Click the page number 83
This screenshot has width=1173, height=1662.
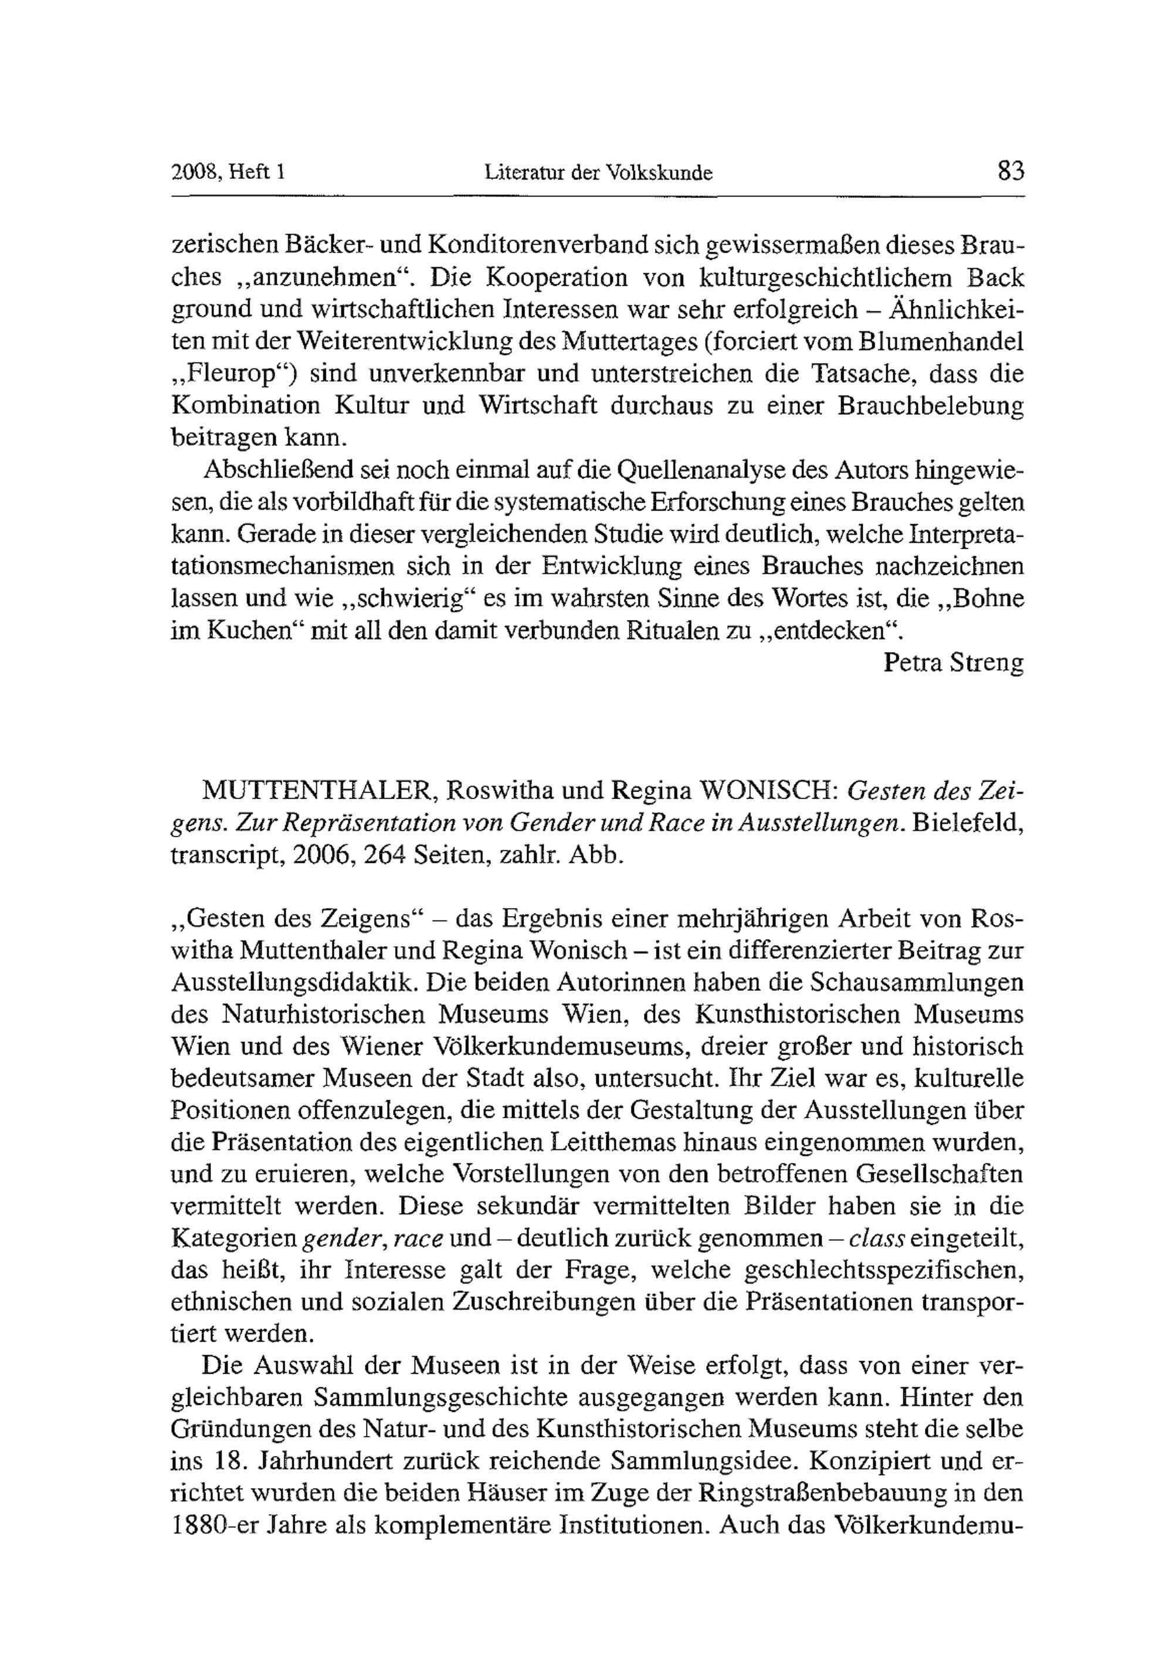click(1010, 171)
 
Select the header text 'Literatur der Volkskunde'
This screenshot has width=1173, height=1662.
click(598, 173)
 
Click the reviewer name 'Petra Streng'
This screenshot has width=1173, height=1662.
click(953, 662)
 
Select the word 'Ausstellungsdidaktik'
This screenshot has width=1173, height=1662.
click(294, 982)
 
